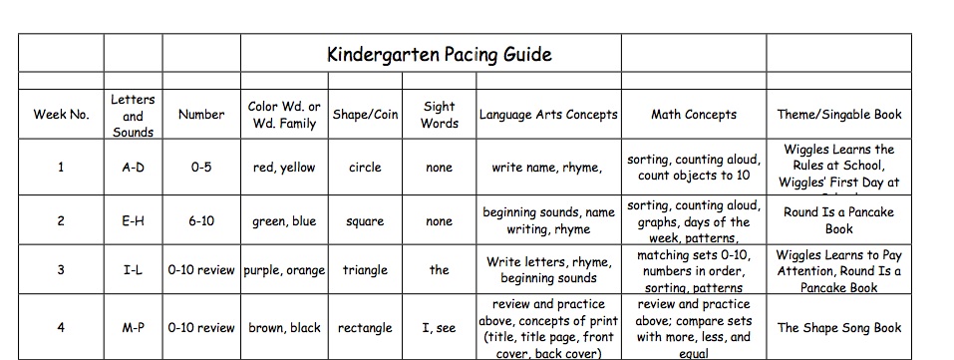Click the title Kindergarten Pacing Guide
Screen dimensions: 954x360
coord(439,54)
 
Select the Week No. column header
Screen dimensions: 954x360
coord(61,115)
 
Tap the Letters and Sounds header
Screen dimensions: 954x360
coord(133,115)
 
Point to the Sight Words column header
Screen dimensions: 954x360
coord(439,115)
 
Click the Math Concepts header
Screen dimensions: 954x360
coord(694,115)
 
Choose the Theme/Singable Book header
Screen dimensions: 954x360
coord(838,115)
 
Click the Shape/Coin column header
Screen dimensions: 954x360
coord(365,115)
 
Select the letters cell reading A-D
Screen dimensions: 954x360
coord(133,168)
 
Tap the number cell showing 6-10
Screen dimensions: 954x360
coord(201,221)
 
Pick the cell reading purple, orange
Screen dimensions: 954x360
coord(284,270)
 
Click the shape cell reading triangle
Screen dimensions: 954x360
coord(365,270)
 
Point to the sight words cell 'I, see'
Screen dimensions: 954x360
coord(439,328)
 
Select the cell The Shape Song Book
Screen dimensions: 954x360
coord(838,328)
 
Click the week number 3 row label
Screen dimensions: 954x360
coord(61,270)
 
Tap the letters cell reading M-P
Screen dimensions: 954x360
coord(133,328)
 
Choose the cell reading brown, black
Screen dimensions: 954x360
coord(284,328)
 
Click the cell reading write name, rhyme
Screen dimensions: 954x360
coord(546,168)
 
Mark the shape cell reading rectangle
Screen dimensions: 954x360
coord(365,328)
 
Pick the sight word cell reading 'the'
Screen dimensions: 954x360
coord(439,270)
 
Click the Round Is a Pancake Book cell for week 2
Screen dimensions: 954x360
coord(838,220)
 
